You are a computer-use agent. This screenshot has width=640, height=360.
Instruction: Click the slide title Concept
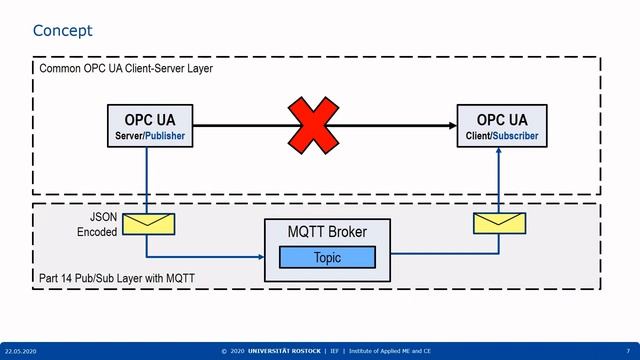click(62, 31)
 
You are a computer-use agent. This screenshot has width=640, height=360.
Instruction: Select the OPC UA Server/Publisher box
click(148, 126)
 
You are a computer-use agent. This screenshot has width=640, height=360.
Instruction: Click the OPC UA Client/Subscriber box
click(501, 126)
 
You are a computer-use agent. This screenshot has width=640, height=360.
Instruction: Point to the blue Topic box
click(327, 258)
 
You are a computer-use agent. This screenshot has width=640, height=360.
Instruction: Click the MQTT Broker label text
click(327, 233)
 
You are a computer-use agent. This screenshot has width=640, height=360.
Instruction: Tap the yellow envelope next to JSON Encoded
click(147, 223)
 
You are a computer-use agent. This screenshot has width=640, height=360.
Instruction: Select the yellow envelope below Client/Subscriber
click(501, 223)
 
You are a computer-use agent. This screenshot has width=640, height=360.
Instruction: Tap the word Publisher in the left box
click(164, 135)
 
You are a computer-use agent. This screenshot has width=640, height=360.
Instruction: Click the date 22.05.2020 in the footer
click(22, 351)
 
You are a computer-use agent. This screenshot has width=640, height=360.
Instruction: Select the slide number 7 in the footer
click(627, 351)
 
